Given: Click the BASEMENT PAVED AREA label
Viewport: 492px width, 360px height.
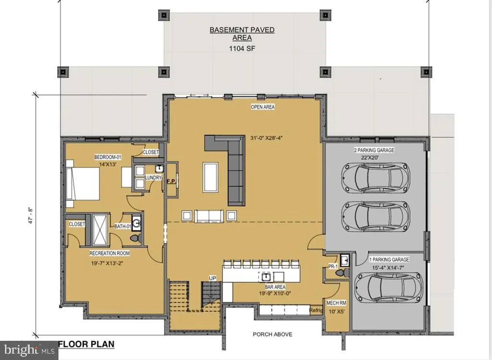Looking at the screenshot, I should pos(242,34).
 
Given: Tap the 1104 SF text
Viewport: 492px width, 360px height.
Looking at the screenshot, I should pos(242,49).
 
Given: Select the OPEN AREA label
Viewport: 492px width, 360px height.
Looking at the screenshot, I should pos(263,107).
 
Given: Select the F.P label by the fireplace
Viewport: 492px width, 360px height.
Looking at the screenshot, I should pos(171,182).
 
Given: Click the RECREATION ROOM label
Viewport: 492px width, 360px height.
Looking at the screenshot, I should pos(110,253).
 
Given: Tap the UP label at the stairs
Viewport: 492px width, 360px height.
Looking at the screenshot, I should pos(212,278).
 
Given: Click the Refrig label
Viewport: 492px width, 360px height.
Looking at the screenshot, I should pos(316,310).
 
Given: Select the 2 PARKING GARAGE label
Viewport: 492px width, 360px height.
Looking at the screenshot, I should pos(374,150).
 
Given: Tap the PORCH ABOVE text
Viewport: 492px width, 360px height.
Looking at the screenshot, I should pos(273,335).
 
